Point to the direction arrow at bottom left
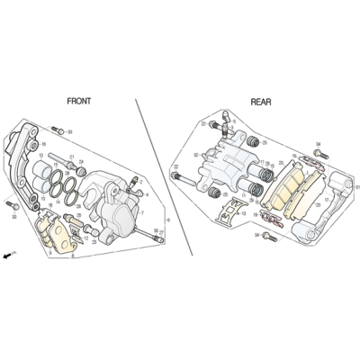pyautogui.click(x=8, y=256)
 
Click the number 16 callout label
pyautogui.click(x=44, y=143)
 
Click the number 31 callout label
pyautogui.click(x=356, y=187)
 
